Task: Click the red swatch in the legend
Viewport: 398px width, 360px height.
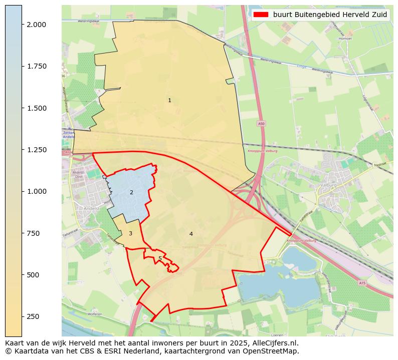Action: tap(261, 15)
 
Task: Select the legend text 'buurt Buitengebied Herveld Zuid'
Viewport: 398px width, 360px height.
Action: tap(330, 15)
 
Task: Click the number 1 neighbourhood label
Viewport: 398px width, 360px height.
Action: tap(169, 100)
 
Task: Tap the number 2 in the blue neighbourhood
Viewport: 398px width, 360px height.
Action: tap(131, 192)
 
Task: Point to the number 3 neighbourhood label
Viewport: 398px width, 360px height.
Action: tap(130, 233)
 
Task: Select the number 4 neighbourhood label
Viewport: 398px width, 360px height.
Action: tap(191, 234)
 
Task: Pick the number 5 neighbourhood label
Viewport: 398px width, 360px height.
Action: tap(160, 258)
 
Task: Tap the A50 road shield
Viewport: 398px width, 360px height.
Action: tap(261, 123)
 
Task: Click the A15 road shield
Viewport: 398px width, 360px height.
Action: tap(362, 283)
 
